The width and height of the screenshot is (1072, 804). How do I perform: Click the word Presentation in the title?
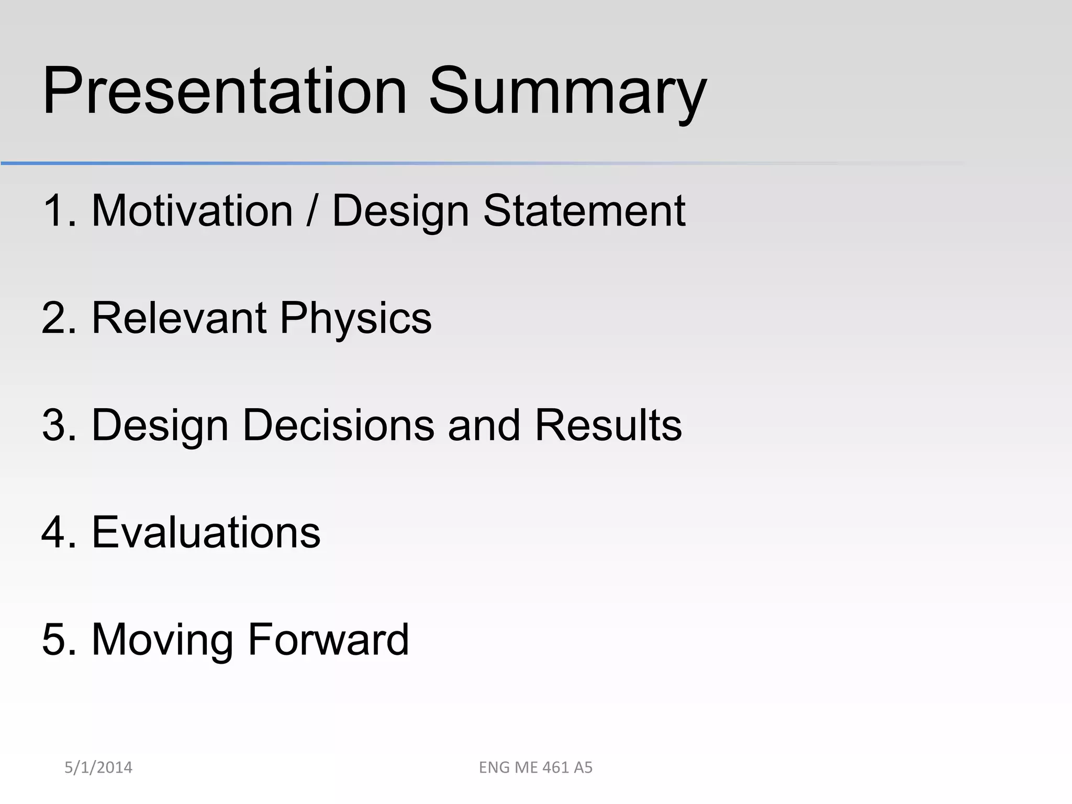(x=225, y=92)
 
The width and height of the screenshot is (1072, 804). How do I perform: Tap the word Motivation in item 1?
(x=192, y=211)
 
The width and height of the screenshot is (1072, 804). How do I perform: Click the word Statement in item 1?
(x=584, y=211)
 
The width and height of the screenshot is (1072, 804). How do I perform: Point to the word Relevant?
(x=179, y=318)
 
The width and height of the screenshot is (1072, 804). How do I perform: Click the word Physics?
(x=356, y=318)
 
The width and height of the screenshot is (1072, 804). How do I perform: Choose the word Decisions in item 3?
(x=338, y=425)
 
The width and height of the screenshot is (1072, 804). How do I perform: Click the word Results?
(x=608, y=425)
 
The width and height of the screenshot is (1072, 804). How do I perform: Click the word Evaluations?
(x=206, y=532)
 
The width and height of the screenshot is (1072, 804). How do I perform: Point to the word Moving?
(x=162, y=640)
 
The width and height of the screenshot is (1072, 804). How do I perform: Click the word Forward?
(x=328, y=640)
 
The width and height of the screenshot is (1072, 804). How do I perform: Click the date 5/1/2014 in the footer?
(x=98, y=767)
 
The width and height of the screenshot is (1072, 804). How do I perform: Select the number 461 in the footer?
(x=555, y=767)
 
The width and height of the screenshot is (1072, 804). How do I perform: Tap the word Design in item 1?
(x=400, y=211)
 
